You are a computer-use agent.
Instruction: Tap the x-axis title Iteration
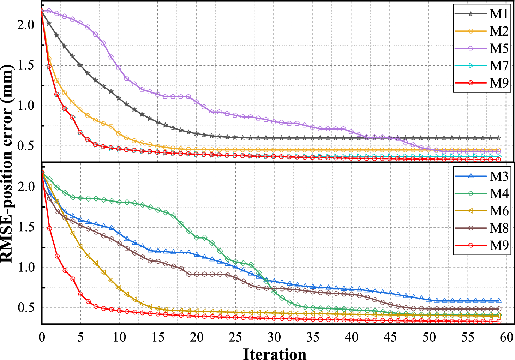tap(275, 354)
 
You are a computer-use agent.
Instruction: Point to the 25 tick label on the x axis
tap(235, 337)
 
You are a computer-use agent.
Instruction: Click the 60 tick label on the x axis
tap(506, 337)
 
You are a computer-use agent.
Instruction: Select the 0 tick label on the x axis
tap(42, 337)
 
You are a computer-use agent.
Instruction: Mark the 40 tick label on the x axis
tap(352, 337)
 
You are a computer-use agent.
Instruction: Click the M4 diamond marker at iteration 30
tap(274, 292)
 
